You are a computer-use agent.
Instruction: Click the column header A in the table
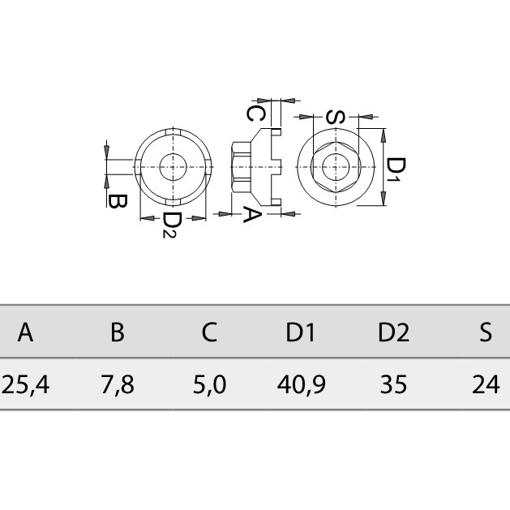coord(25,332)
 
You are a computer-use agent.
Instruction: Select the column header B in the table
coord(118,332)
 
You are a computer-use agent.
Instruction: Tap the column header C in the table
coord(209,332)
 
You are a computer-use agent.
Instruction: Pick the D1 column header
coord(301,332)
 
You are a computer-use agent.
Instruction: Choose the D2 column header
coord(393,332)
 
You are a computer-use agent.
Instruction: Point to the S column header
coord(486,332)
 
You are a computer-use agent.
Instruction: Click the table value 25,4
coord(25,385)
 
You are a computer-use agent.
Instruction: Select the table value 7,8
coord(118,385)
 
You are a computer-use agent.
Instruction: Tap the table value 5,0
coord(209,385)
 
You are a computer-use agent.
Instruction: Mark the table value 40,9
coord(301,385)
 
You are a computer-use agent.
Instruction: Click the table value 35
coord(393,384)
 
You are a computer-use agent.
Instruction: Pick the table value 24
coord(486,384)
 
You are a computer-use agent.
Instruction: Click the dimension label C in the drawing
coord(255,114)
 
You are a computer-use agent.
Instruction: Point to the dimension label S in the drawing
coord(336,118)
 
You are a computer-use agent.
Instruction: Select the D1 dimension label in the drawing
coord(396,169)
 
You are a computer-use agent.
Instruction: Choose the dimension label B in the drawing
coord(118,201)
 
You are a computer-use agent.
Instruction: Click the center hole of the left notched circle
coord(173,167)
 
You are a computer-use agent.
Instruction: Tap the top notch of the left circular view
coord(173,131)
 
